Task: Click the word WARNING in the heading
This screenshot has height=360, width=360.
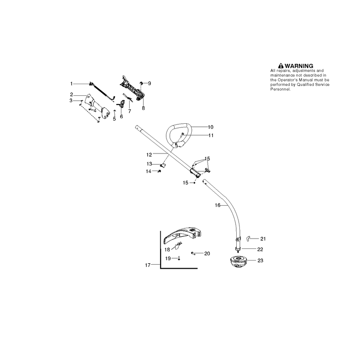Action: coord(299,66)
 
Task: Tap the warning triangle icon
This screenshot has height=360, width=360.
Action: coord(280,66)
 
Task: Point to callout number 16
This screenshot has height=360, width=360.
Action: coord(217,205)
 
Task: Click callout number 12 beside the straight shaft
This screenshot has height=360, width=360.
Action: coord(149,155)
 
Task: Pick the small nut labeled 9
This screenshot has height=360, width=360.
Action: coord(141,83)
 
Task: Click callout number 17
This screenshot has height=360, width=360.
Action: coord(148,265)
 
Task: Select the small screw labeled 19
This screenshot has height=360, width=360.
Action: coord(179,258)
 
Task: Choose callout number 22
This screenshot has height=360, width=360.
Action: coord(260,249)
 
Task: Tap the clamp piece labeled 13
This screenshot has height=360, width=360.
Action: coord(163,165)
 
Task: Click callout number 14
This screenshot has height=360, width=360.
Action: coord(148,171)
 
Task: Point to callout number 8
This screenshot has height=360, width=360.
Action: coord(143,108)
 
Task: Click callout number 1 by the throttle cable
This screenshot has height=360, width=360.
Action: coord(72,84)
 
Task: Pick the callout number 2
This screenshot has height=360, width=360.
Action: coord(72,94)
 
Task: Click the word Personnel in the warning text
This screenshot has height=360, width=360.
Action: coord(280,89)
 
